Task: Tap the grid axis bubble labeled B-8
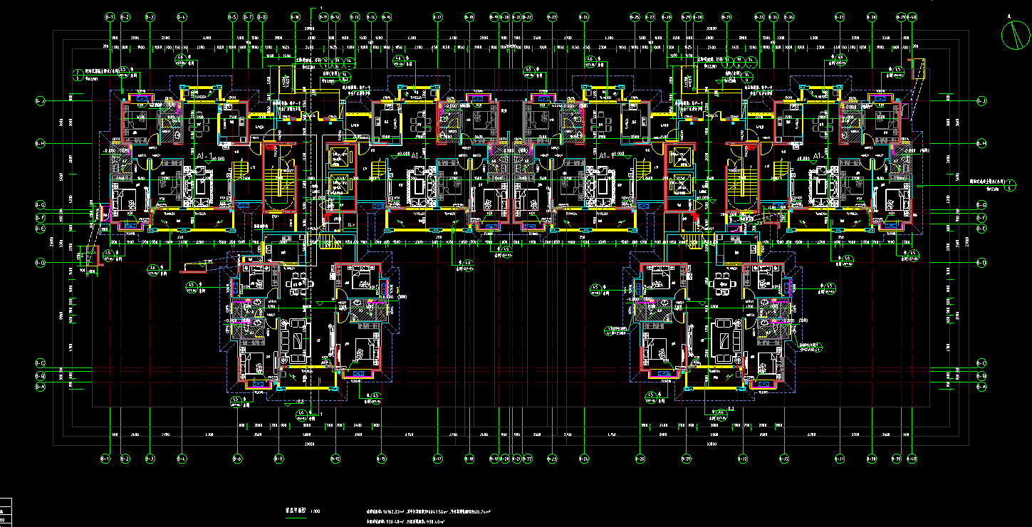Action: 263,16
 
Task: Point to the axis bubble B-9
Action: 278,458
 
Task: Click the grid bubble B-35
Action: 784,458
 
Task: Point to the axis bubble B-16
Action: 386,16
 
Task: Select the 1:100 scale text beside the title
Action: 316,511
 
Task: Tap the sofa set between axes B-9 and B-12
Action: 296,342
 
